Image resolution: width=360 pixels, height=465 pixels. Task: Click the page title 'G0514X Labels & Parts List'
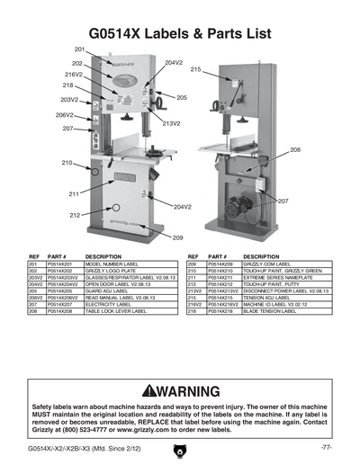click(x=180, y=27)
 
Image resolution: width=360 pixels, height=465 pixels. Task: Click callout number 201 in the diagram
click(x=79, y=48)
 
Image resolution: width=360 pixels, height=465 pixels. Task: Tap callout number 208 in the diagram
click(x=295, y=149)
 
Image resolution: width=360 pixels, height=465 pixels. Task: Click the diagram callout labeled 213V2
click(x=171, y=123)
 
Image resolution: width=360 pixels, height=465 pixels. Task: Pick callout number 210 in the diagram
click(x=67, y=163)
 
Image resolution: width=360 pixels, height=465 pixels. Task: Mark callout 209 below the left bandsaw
click(x=177, y=237)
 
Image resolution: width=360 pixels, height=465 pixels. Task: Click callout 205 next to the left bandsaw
click(x=181, y=97)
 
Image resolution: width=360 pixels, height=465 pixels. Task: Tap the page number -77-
click(x=327, y=447)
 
